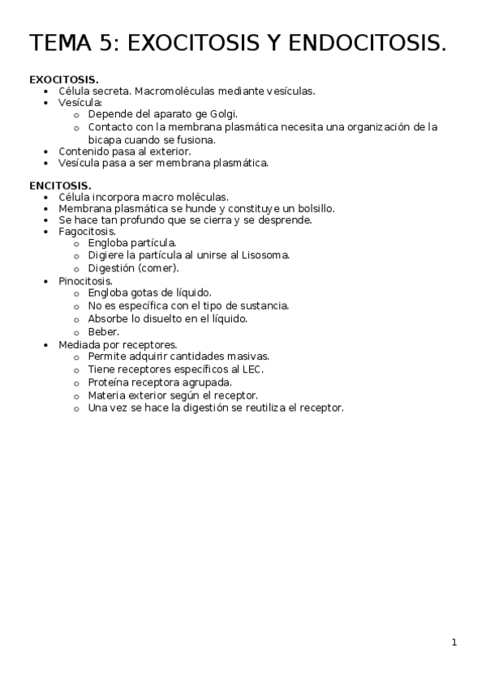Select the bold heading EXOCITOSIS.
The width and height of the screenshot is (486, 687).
[64, 79]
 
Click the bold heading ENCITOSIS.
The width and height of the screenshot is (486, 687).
[60, 186]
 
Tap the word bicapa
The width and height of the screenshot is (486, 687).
[105, 139]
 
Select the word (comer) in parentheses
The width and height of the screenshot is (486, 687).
[158, 268]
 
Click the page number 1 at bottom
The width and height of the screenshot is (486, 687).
[454, 642]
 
